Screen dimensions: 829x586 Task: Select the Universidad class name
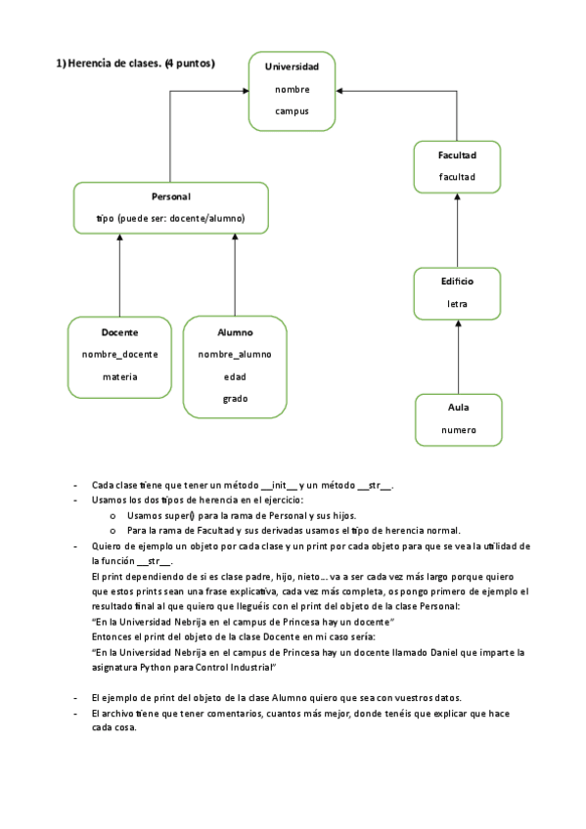coord(292,66)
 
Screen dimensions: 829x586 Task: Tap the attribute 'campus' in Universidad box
coord(292,111)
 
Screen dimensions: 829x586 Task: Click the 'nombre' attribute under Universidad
coord(292,89)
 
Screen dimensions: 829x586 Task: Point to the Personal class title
coord(171,196)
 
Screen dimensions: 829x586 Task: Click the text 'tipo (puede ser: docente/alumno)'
coord(171,218)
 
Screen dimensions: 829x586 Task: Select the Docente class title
coord(119,332)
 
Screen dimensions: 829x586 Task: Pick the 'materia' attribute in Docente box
coord(119,376)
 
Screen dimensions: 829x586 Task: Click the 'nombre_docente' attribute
coord(119,354)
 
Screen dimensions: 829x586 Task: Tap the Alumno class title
coord(235,332)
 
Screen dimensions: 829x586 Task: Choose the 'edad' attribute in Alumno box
coord(235,376)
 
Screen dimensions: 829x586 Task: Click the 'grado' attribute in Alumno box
coord(235,398)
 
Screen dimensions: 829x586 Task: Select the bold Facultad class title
coord(458,155)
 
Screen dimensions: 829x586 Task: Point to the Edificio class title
coord(458,282)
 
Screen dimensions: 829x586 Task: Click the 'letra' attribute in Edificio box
coord(458,304)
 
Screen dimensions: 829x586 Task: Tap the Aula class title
coord(458,407)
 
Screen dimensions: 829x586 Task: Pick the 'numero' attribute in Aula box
coord(458,429)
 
